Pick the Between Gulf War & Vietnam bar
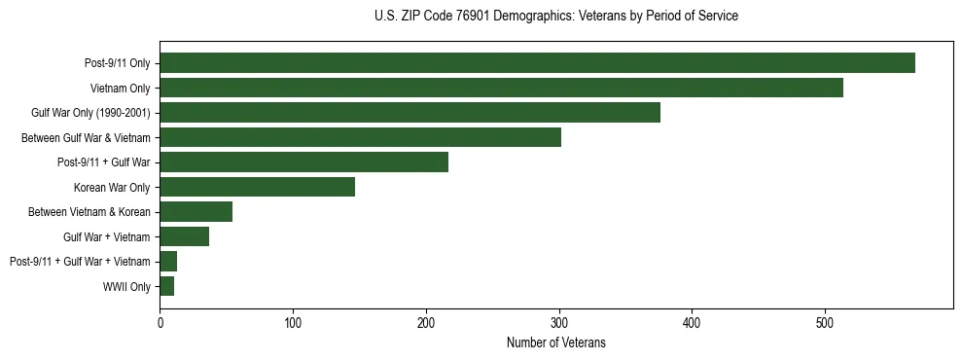point(360,137)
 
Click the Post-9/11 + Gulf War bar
point(303,162)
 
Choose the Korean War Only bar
point(257,187)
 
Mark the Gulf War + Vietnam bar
point(184,236)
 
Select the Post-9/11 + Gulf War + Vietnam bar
point(168,262)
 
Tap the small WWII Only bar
point(166,286)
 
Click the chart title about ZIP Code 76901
point(555,17)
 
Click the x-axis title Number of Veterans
point(555,342)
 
